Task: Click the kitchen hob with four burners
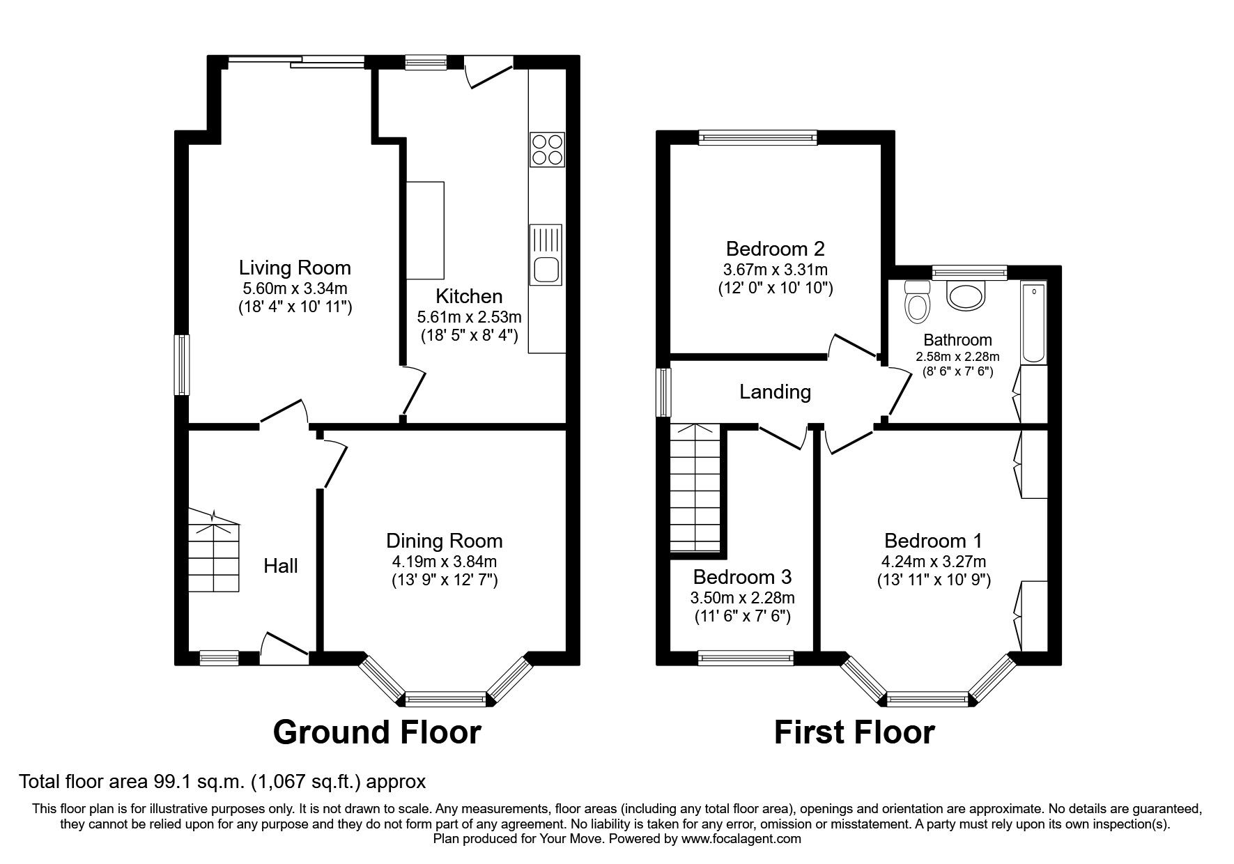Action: pos(547,149)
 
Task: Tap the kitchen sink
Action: pos(546,255)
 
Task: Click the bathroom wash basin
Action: pos(966,295)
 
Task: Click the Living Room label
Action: pos(295,268)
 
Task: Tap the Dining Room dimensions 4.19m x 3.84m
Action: pos(444,562)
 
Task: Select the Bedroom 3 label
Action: pos(742,577)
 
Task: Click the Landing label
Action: pos(775,392)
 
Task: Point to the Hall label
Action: pos(280,565)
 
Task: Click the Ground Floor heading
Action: pos(376,732)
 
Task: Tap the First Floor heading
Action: pos(854,732)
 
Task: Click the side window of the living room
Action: pos(182,365)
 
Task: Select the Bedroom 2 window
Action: pos(757,138)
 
